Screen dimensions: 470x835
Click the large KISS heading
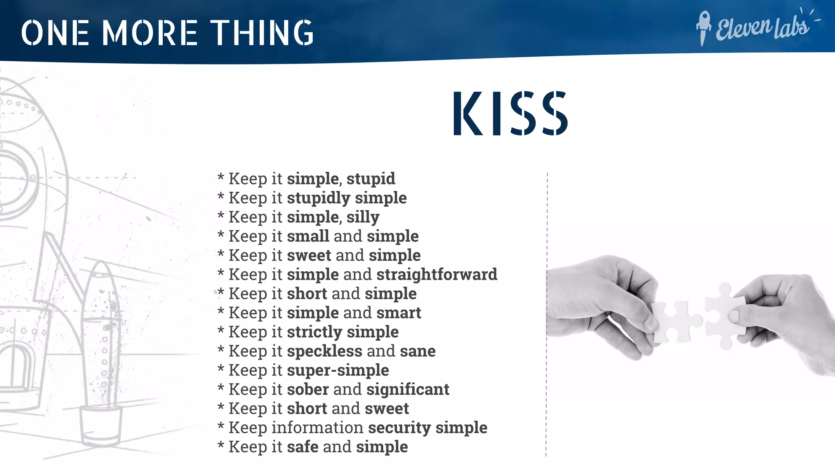(510, 113)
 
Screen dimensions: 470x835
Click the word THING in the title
(262, 33)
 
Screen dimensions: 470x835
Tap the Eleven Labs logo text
(762, 28)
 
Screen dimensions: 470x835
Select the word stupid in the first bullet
(371, 179)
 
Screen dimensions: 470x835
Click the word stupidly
(318, 198)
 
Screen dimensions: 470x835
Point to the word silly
(363, 217)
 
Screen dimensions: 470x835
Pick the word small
(308, 236)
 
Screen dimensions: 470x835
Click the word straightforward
(437, 275)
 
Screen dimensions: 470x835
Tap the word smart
(398, 313)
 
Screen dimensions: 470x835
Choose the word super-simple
(338, 370)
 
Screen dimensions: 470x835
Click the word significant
(408, 390)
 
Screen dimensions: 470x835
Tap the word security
(399, 428)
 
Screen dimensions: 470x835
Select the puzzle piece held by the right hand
(723, 314)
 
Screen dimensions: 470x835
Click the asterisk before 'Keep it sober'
(221, 388)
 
